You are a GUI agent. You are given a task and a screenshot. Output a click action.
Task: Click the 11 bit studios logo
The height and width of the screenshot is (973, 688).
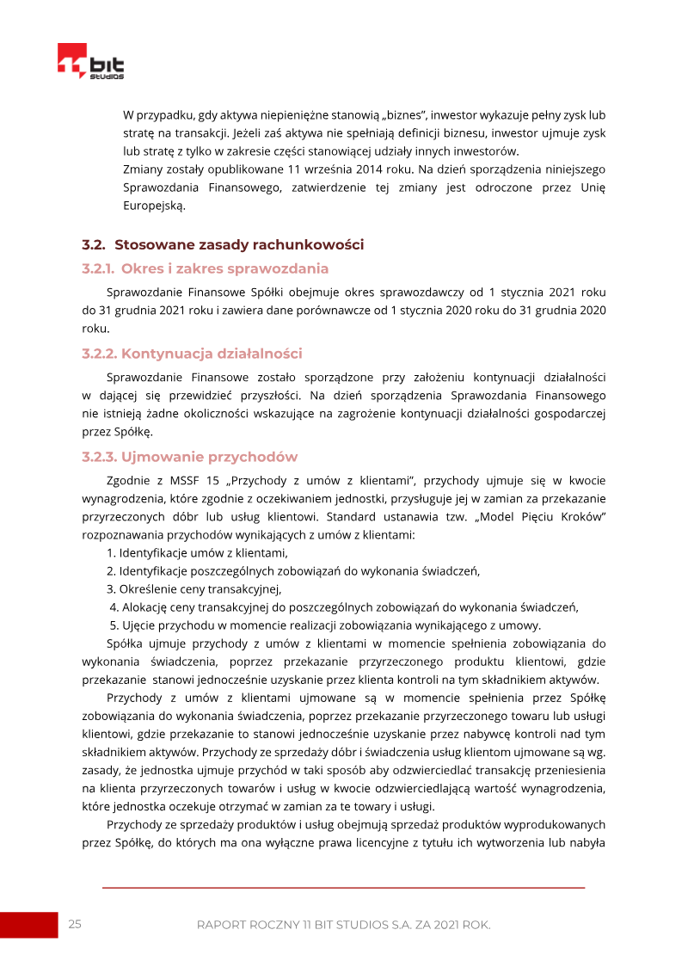pyautogui.click(x=90, y=62)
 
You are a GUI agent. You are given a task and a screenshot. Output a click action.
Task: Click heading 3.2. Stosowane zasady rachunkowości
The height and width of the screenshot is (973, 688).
pyautogui.click(x=223, y=244)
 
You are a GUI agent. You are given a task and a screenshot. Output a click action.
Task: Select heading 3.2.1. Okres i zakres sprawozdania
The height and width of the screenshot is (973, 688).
pyautogui.click(x=205, y=268)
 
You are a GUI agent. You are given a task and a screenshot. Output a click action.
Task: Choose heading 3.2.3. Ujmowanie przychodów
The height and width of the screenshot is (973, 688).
pyautogui.click(x=189, y=457)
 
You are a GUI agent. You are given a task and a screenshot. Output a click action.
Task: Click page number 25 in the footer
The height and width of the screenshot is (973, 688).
pyautogui.click(x=75, y=924)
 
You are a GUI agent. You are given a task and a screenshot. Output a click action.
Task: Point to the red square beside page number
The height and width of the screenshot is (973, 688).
pyautogui.click(x=28, y=925)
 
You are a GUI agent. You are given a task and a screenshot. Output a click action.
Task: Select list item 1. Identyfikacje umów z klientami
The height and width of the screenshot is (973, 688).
pyautogui.click(x=197, y=552)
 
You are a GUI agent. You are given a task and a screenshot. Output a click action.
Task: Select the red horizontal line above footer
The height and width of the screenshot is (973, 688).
pyautogui.click(x=343, y=888)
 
